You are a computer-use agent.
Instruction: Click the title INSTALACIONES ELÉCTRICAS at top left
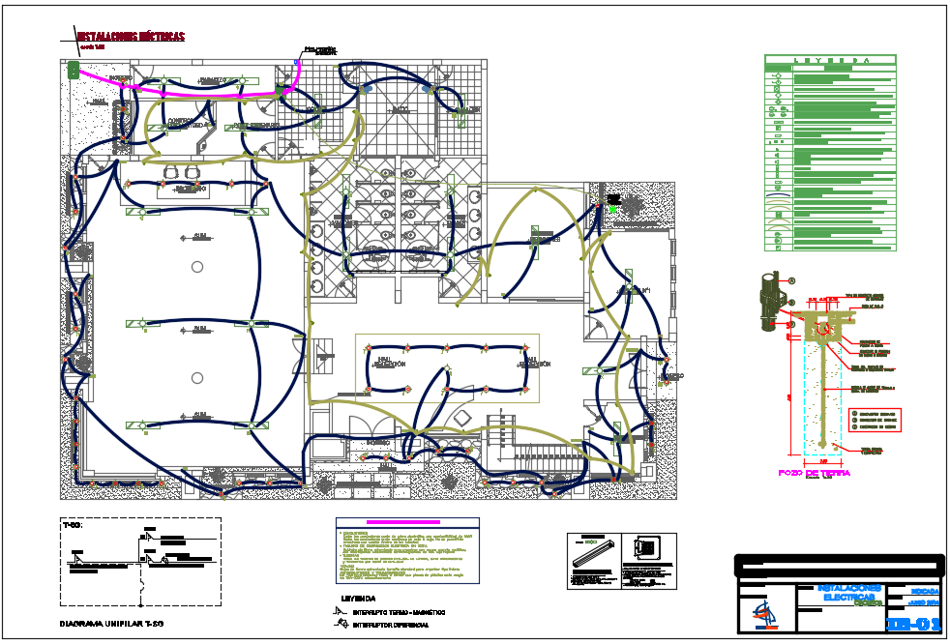coord(131,37)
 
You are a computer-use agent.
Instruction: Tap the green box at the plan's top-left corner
coord(73,70)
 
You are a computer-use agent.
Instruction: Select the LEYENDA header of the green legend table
coord(831,60)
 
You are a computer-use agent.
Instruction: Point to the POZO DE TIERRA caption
coord(815,473)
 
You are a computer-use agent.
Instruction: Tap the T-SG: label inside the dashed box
coord(72,525)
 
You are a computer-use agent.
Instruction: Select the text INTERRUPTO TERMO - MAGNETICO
coord(400,612)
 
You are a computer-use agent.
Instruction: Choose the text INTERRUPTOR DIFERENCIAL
coord(391,625)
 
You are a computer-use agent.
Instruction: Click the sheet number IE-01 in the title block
coord(913,623)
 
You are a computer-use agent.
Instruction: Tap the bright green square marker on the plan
coord(612,208)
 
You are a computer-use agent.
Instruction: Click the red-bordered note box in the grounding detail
coord(874,420)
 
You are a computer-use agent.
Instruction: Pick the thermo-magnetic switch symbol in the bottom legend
coord(339,611)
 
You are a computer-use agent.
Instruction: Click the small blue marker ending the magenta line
coord(298,63)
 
